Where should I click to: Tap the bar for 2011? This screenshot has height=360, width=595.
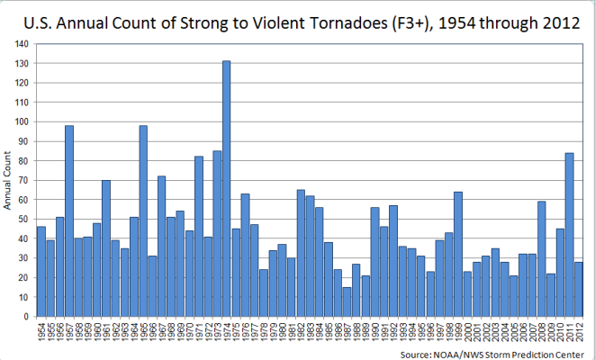(x=570, y=235)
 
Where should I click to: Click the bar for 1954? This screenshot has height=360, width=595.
(x=41, y=271)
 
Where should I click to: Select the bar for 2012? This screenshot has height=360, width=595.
(x=579, y=289)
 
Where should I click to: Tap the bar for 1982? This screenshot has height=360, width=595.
(x=301, y=253)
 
